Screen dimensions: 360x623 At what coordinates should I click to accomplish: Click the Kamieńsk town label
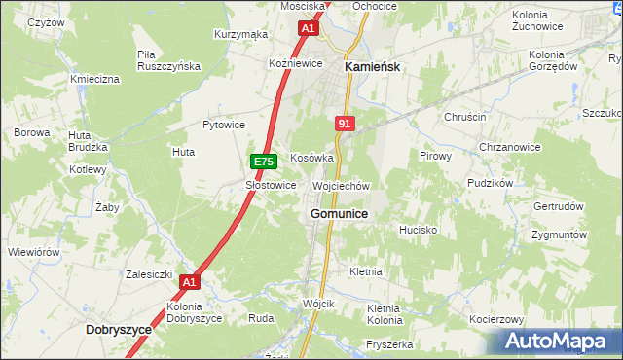374,67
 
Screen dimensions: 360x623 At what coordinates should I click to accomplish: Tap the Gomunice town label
338,213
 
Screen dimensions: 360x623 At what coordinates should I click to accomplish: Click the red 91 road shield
344,124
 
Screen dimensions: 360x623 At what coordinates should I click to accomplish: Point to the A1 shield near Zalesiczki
190,283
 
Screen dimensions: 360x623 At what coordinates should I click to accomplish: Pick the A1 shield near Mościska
308,29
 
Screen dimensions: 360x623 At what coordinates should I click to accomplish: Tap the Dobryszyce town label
119,330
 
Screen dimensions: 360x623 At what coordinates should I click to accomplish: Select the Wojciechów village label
341,186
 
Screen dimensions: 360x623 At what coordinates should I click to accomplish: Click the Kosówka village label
311,158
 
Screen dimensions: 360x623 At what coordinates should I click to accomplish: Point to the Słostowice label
270,185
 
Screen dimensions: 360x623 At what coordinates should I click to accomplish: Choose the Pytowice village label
223,125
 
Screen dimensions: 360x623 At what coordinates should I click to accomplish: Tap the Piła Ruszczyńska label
168,60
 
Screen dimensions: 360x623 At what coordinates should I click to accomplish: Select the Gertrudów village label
558,207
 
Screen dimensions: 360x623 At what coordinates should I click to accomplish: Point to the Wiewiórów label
34,252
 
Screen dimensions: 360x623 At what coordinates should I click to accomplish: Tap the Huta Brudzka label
87,141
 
